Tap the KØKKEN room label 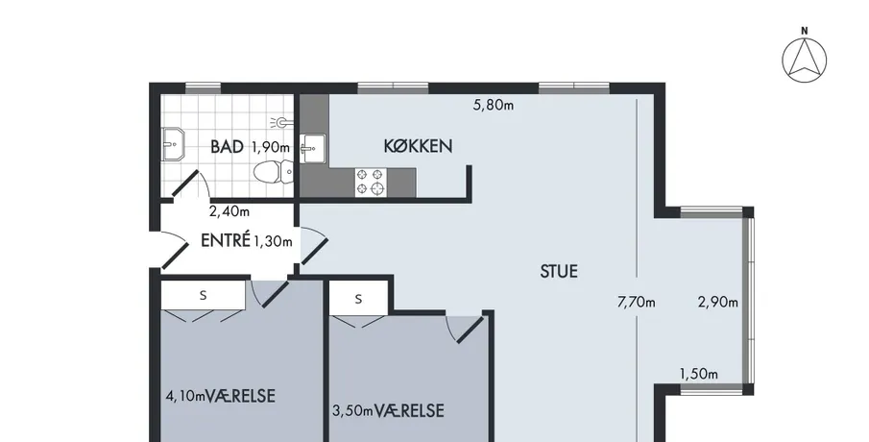(x=418, y=146)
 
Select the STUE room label (x=559, y=271)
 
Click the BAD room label (x=228, y=147)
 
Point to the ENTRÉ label (x=226, y=240)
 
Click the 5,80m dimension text (x=494, y=105)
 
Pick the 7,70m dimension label (x=637, y=303)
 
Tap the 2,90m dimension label (x=717, y=303)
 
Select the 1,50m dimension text (x=699, y=374)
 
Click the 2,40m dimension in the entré (x=229, y=211)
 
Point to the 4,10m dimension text (x=185, y=396)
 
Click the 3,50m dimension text (x=352, y=411)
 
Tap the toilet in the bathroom (x=274, y=171)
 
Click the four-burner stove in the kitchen (x=371, y=183)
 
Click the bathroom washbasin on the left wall (x=173, y=145)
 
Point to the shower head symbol (x=282, y=122)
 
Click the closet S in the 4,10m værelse (x=203, y=295)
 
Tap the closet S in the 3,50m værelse (x=358, y=299)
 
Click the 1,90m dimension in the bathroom (x=271, y=148)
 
